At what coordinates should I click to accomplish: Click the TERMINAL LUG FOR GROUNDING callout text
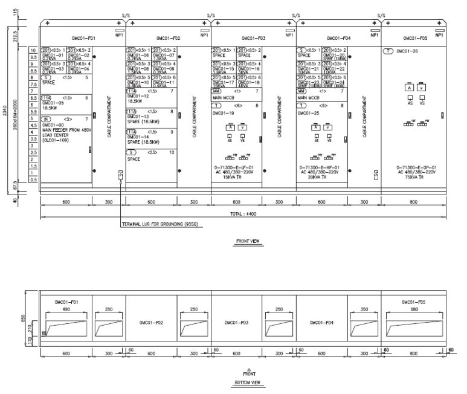pos(157,224)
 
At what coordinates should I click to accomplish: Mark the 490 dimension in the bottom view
pos(66,309)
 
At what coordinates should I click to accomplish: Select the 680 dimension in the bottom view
pos(413,309)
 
